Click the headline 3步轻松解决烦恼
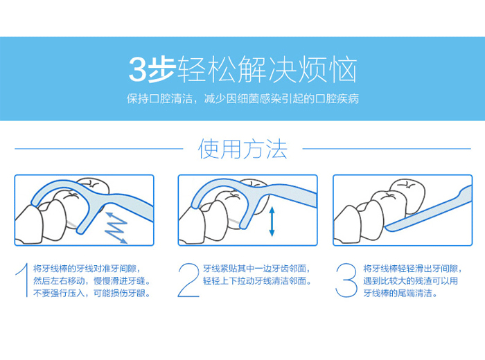click(x=242, y=70)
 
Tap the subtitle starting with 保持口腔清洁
click(x=242, y=98)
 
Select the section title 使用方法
click(x=242, y=148)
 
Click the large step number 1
click(x=22, y=281)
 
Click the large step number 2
click(x=188, y=281)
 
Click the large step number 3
click(x=346, y=281)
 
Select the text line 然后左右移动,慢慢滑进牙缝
click(x=91, y=281)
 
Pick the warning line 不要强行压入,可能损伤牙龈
click(x=91, y=294)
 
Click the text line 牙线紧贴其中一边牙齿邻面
click(x=256, y=269)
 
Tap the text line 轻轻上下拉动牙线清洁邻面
click(x=256, y=281)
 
